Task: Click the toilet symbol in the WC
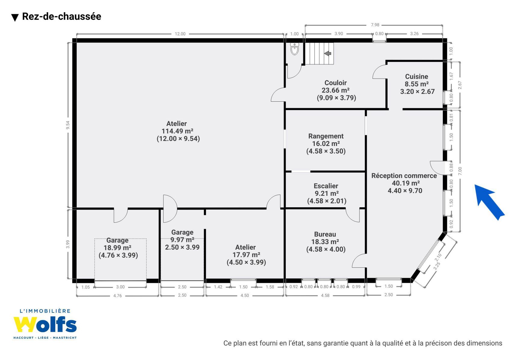(295, 49)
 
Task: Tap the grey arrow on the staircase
(328, 53)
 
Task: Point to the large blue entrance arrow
(489, 202)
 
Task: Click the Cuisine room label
(416, 76)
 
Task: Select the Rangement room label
(326, 136)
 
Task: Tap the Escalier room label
(326, 186)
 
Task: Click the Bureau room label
(325, 234)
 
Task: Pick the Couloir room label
(335, 83)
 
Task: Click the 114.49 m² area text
(177, 131)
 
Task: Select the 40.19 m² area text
(406, 183)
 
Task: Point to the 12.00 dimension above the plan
(180, 34)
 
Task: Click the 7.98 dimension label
(375, 25)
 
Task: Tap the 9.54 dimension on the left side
(68, 125)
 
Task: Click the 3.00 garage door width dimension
(121, 287)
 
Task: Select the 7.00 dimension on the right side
(460, 171)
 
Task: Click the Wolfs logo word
(45, 324)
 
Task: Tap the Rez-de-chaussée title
(61, 17)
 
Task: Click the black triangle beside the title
(15, 17)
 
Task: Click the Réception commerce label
(404, 176)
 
